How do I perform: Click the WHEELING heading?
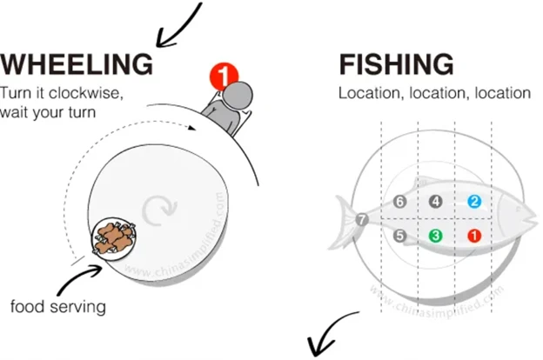click(77, 64)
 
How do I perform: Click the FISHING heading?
click(396, 64)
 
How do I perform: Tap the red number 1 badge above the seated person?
click(224, 76)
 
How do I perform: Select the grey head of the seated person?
click(238, 95)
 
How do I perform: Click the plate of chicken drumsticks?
click(114, 239)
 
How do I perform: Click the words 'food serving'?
click(57, 307)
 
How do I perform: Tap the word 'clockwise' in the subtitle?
click(86, 93)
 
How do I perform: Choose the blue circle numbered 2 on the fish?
click(474, 201)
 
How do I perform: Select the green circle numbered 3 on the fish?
click(436, 236)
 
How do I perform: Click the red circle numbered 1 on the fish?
click(474, 236)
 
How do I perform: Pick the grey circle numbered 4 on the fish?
click(436, 201)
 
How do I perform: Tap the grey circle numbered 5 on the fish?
click(399, 236)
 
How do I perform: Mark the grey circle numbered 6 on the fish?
click(399, 201)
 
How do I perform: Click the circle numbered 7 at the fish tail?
click(362, 219)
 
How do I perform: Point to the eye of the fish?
click(518, 209)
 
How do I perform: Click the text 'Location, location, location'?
click(434, 93)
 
